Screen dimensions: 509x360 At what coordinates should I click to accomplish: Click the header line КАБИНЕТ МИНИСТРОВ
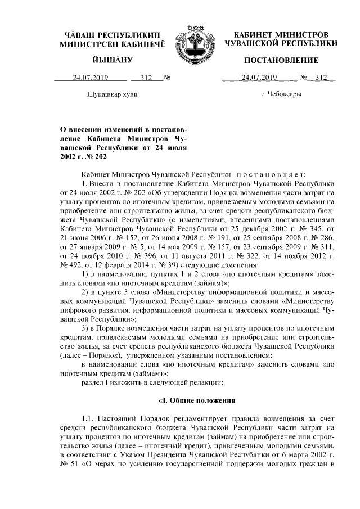281,34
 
